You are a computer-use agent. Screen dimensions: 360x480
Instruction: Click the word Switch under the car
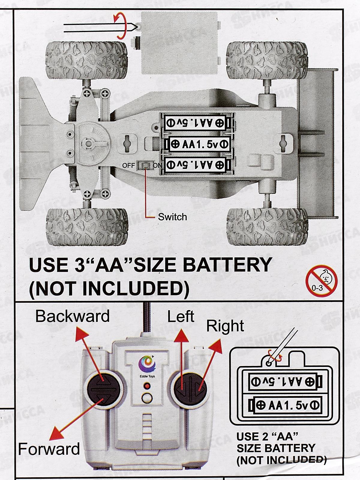(x=172, y=217)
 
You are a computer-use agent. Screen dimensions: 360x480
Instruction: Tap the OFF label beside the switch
(x=128, y=166)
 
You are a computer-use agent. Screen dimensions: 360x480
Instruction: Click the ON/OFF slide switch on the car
(x=145, y=166)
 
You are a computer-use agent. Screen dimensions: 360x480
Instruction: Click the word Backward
(x=73, y=316)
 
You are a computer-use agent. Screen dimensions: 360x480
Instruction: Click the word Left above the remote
(x=181, y=316)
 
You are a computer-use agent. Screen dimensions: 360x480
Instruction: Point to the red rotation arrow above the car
(x=121, y=26)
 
